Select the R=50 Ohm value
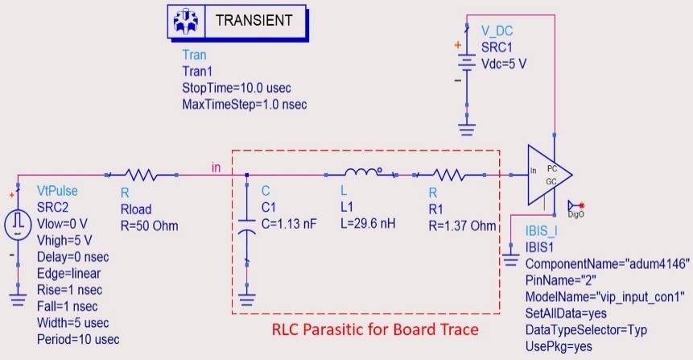(149, 225)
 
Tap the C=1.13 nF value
(292, 225)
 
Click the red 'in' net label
(216, 167)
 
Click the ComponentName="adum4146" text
(608, 264)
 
